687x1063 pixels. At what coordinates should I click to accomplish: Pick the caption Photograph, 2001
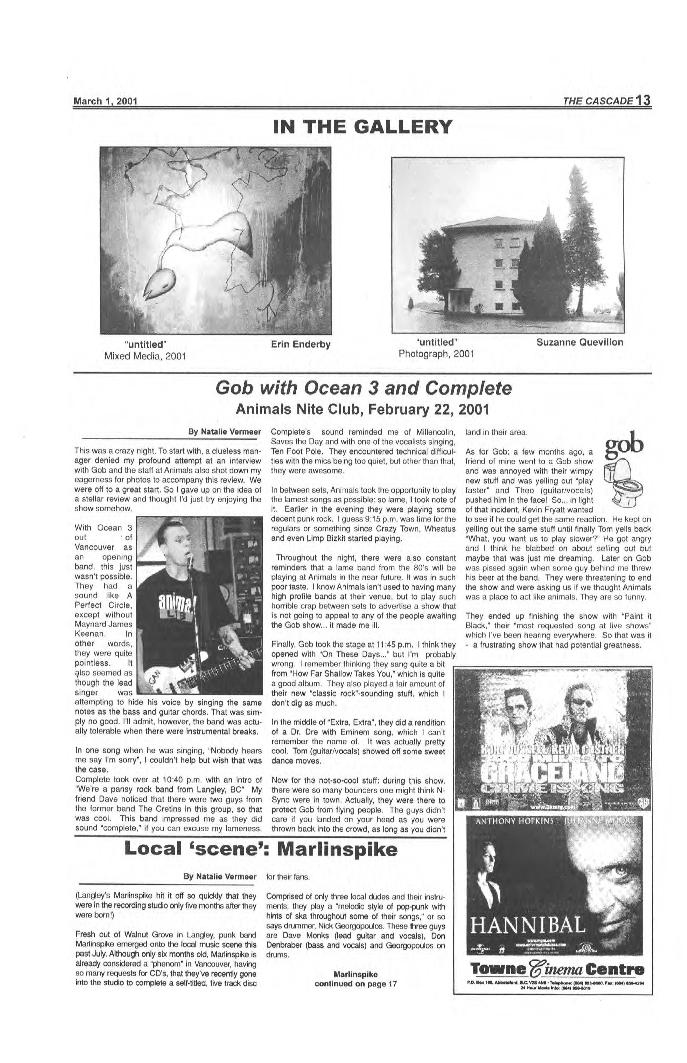[436, 354]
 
